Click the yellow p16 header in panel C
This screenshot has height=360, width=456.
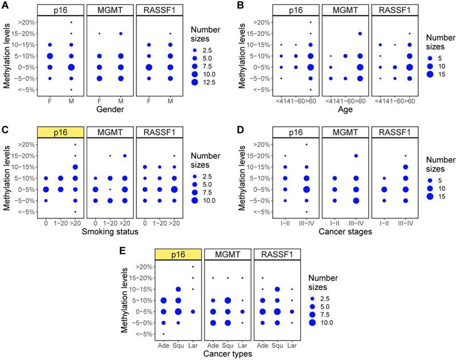pyautogui.click(x=60, y=132)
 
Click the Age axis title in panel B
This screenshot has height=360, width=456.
pyautogui.click(x=345, y=109)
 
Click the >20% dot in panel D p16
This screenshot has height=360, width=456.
pyautogui.click(x=306, y=144)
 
